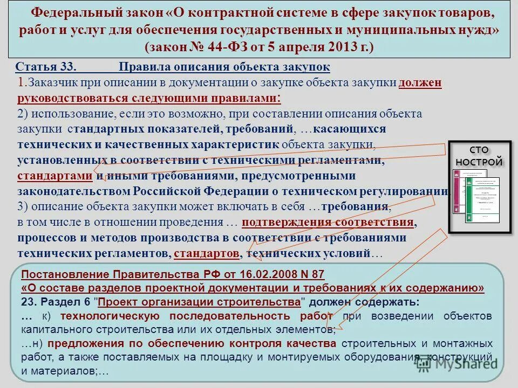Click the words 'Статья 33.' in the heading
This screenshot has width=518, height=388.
[46, 67]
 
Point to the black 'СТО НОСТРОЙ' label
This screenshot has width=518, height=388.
[479, 156]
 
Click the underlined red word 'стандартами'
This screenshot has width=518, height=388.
[55, 176]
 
